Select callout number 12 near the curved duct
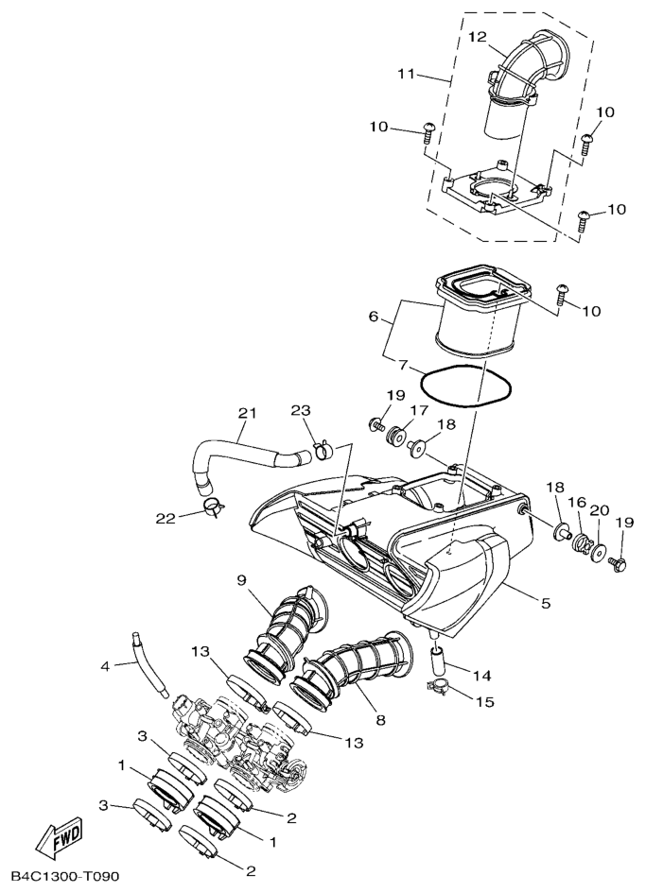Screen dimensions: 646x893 click(478, 37)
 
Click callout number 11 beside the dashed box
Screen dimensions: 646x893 click(407, 74)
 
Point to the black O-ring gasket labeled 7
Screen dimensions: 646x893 click(466, 386)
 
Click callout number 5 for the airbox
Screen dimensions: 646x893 click(546, 603)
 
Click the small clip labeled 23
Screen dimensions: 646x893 click(323, 450)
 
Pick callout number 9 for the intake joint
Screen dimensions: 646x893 click(241, 580)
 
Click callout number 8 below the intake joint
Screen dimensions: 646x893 click(380, 720)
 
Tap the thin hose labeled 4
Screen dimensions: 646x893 click(149, 664)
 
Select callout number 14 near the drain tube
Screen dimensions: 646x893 click(481, 676)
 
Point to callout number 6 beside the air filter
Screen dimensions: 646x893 click(374, 316)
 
